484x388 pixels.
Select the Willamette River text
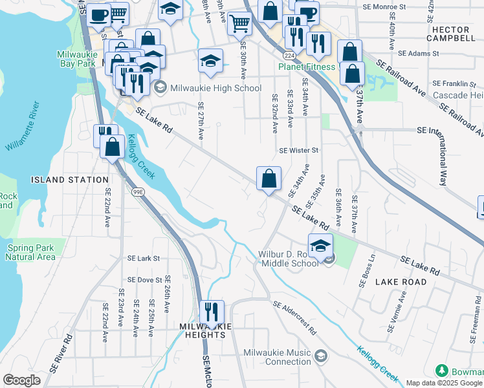point(23,127)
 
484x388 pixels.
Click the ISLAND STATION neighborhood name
point(71,180)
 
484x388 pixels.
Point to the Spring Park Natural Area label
point(32,252)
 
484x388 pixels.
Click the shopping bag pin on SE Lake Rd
point(269,177)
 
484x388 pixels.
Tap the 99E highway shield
point(138,191)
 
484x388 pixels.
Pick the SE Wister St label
point(299,151)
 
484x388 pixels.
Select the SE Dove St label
point(144,280)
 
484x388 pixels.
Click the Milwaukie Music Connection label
point(277,356)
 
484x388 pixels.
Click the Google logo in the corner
point(22,380)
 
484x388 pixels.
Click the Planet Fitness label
point(308,66)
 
